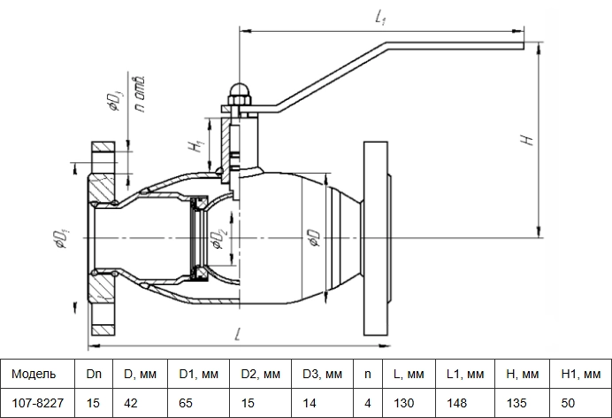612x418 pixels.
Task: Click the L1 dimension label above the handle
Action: (x=380, y=18)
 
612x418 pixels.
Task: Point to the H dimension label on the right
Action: (x=527, y=139)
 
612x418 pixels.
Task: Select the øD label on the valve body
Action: (x=315, y=238)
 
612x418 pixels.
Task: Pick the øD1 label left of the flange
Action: (x=62, y=238)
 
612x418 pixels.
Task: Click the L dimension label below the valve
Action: (x=238, y=334)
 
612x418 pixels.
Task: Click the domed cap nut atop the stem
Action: (x=240, y=90)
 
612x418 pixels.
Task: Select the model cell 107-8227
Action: (x=37, y=403)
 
